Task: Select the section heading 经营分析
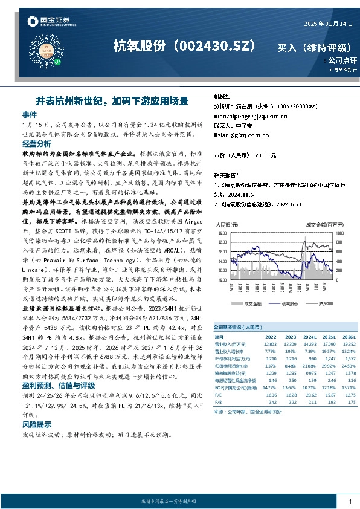point(36,143)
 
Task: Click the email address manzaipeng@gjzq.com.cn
point(249,115)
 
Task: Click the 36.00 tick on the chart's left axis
point(222,232)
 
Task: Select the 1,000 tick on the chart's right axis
point(339,232)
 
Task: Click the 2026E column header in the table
point(348,336)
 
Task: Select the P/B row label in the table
point(219,401)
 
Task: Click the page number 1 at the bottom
point(350,501)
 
